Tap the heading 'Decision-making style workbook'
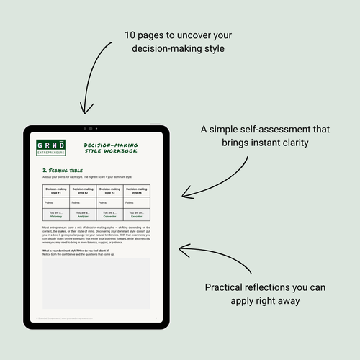[x=110, y=148]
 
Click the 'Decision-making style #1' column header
[x=56, y=191]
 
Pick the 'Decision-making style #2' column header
[x=83, y=191]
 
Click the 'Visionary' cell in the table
[x=56, y=215]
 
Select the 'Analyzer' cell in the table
[x=83, y=215]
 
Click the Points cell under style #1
[x=56, y=203]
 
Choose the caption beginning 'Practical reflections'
[x=265, y=294]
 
